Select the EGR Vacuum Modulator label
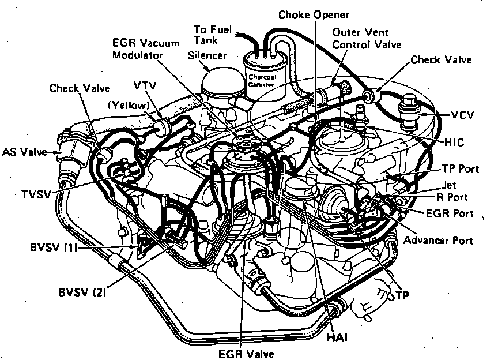(138, 48)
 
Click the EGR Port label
(449, 213)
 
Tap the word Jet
(449, 185)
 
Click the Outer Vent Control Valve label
(366, 37)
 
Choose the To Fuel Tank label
(213, 34)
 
